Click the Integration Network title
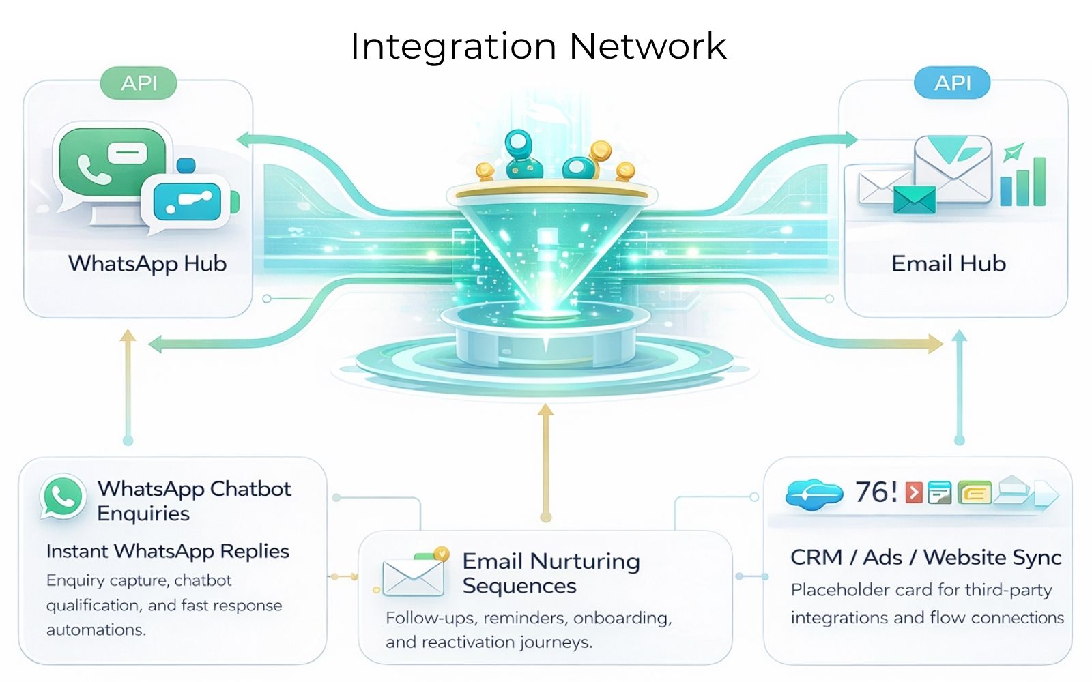[x=538, y=46]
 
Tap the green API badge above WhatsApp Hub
[x=139, y=83]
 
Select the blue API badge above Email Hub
[x=952, y=83]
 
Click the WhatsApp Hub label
[x=147, y=263]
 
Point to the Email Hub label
[x=948, y=263]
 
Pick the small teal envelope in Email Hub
[x=914, y=199]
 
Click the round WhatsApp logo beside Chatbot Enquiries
[x=63, y=497]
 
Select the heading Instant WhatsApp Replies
[x=167, y=551]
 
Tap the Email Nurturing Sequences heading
[x=551, y=573]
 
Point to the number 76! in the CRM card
[x=876, y=492]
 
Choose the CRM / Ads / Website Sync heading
[x=925, y=557]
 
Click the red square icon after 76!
[x=914, y=492]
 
